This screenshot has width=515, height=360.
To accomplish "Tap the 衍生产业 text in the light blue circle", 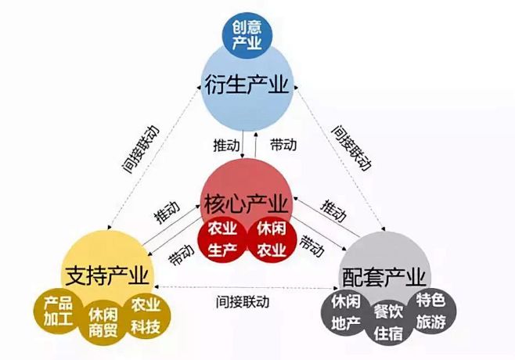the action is point(247,85).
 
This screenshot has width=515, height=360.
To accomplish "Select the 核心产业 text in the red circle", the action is point(246,203).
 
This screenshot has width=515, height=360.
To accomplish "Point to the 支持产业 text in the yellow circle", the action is point(106,275).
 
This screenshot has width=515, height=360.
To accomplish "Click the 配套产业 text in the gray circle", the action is point(384,276).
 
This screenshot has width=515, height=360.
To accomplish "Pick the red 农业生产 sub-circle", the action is point(222,239).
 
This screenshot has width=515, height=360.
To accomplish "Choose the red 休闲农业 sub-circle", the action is point(272,239).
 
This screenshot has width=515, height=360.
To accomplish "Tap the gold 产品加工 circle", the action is point(58,311).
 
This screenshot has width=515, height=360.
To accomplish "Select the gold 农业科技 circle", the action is point(146,316).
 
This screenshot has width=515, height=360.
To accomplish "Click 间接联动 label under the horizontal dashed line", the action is point(243,301).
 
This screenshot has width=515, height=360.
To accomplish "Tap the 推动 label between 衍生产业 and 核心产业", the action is point(226,145).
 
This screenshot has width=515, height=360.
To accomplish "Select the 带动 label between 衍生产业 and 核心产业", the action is point(283,145).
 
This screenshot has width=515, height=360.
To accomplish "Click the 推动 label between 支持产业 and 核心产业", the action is point(167,212).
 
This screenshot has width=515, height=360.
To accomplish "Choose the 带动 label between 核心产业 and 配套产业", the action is point(312,246).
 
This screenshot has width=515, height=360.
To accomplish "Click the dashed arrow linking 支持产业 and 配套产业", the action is point(247,288).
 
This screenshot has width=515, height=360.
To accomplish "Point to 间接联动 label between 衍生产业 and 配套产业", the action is point(351,147).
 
